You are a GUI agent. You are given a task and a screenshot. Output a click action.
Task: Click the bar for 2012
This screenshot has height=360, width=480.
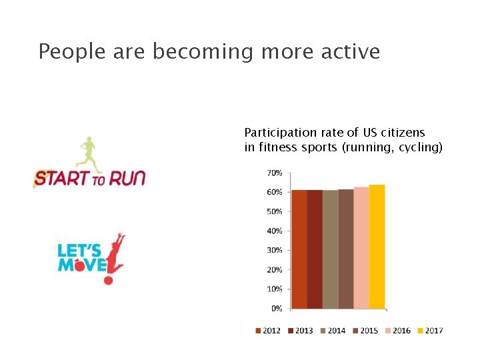tap(299, 249)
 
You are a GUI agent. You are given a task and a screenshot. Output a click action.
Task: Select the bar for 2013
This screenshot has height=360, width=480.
tap(315, 249)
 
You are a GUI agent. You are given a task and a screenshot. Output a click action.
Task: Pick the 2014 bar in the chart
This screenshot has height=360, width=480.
tap(330, 249)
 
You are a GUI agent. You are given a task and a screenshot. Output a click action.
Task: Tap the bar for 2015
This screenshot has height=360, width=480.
tap(345, 249)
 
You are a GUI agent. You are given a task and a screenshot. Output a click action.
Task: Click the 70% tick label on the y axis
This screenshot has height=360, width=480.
tap(274, 173)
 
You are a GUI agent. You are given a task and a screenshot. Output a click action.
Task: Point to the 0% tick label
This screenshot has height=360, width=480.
tap(276, 309)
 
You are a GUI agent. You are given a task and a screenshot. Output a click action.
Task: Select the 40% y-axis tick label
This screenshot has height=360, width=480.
tap(274, 231)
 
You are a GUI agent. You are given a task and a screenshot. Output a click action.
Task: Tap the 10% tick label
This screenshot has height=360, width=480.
tap(274, 289)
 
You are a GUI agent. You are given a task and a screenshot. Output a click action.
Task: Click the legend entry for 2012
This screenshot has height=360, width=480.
tap(267, 331)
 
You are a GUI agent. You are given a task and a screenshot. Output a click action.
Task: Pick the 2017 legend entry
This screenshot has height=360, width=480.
tap(430, 331)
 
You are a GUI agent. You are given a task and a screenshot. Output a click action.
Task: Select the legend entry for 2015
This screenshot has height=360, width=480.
tap(365, 331)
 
